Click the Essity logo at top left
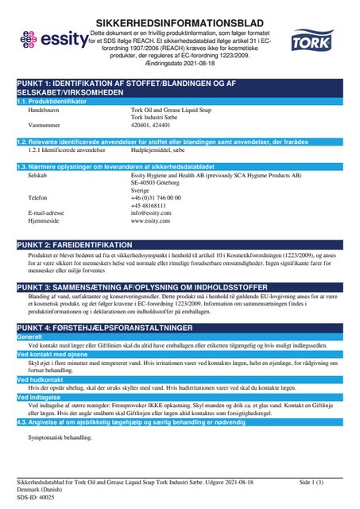point(49,38)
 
